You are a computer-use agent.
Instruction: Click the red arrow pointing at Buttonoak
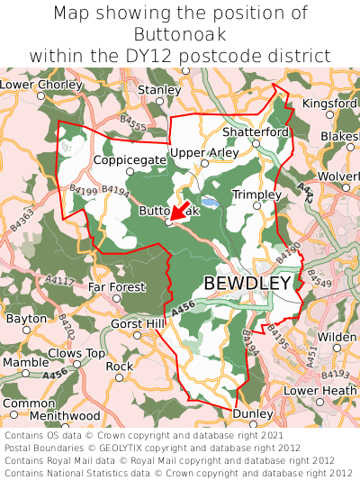pos(178,213)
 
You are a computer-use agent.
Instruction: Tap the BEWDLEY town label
pos(247,283)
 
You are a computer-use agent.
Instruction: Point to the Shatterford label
pos(256,131)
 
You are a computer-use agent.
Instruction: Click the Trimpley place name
pos(256,195)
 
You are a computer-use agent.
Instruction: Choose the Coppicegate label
pos(130,159)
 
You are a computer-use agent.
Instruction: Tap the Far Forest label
pos(116,287)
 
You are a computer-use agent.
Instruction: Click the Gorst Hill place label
pos(138,323)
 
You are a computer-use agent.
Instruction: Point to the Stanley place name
pos(160,90)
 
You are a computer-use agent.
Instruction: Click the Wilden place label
pos(337,337)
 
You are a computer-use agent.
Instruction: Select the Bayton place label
pos(25,319)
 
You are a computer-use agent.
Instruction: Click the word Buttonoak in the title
pos(180,34)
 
